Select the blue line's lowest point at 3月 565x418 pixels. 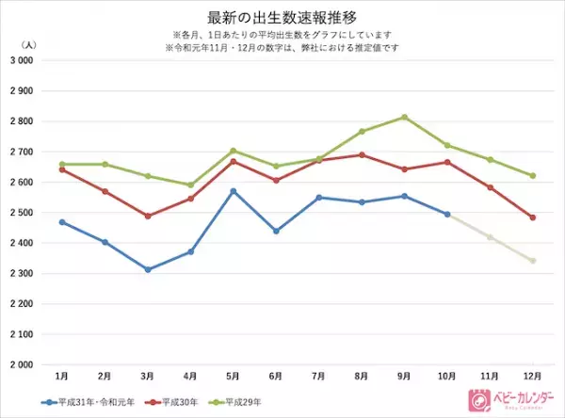coord(147,269)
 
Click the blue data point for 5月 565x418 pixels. coord(234,191)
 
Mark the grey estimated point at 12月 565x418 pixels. coord(533,261)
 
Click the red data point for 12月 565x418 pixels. coord(533,217)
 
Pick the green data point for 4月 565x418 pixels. coord(190,185)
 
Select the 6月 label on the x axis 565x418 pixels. coord(276,376)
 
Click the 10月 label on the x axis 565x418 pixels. coord(447,376)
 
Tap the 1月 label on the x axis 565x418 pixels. coord(61,376)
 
